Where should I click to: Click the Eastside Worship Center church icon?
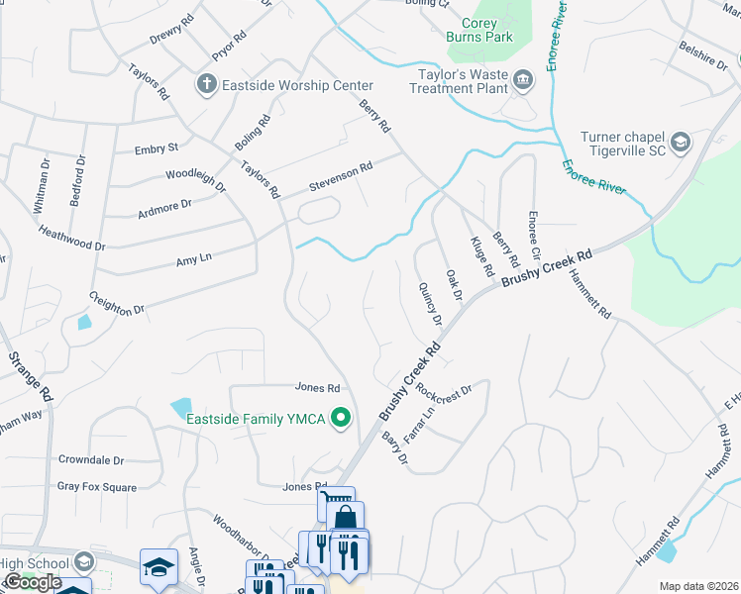(206, 86)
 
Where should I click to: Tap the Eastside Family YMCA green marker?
(342, 420)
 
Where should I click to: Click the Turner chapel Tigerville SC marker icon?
(681, 144)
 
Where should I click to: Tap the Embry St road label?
(157, 148)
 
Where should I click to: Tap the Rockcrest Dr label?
(446, 390)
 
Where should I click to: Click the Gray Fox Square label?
(96, 486)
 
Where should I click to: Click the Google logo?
(32, 582)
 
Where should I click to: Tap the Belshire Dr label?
(703, 53)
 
